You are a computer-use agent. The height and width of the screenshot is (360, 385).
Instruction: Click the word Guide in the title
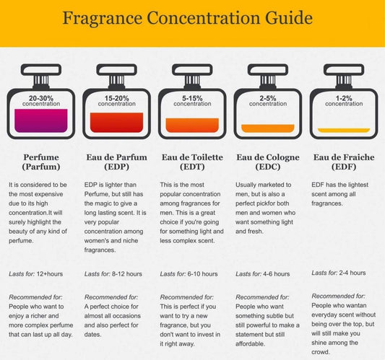289,18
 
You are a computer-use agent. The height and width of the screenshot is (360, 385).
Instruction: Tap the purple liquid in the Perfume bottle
41,120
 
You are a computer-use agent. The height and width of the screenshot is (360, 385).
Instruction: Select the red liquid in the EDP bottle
116,123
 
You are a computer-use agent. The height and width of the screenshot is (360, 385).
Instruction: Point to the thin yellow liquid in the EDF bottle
344,130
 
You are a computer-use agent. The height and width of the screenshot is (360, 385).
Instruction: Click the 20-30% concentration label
41,101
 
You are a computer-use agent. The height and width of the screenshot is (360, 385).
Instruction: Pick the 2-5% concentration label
268,101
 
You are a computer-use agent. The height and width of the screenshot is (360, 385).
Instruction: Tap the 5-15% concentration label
192,101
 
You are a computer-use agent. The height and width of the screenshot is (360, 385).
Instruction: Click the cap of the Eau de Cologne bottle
268,70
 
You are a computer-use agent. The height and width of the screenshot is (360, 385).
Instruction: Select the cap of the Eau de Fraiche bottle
344,70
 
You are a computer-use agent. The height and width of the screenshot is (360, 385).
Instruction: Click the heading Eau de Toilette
192,157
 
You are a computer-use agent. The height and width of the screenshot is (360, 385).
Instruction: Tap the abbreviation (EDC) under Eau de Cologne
268,167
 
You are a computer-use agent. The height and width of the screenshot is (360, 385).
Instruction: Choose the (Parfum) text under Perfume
41,167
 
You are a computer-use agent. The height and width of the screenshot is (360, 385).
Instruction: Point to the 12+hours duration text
50,274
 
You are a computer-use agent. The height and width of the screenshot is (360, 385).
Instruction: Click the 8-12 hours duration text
127,274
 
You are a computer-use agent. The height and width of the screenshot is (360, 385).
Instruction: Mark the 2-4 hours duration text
352,273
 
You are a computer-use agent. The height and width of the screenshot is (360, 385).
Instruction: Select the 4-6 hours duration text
276,274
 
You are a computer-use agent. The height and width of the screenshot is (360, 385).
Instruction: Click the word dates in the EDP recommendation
92,335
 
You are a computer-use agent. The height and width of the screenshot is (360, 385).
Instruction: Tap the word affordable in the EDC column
250,344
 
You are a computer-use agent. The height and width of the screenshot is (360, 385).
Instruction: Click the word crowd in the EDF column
321,352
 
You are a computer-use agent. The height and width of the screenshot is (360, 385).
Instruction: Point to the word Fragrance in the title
103,18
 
